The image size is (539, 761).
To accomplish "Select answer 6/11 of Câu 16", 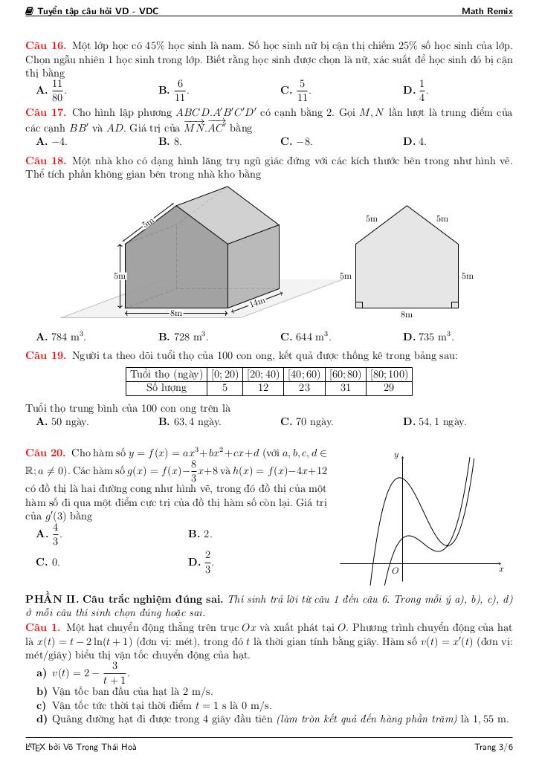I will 179,90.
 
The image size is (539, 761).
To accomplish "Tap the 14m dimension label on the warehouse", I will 256,302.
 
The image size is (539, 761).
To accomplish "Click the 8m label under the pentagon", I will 407,315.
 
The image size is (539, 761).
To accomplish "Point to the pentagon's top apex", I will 407,206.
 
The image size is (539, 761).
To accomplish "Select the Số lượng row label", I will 166,388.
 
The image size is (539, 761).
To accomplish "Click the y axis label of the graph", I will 396,454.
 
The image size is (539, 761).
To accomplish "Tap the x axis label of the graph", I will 501,569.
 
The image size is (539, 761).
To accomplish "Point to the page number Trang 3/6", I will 494,746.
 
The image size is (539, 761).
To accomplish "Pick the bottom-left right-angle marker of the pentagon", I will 359,304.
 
